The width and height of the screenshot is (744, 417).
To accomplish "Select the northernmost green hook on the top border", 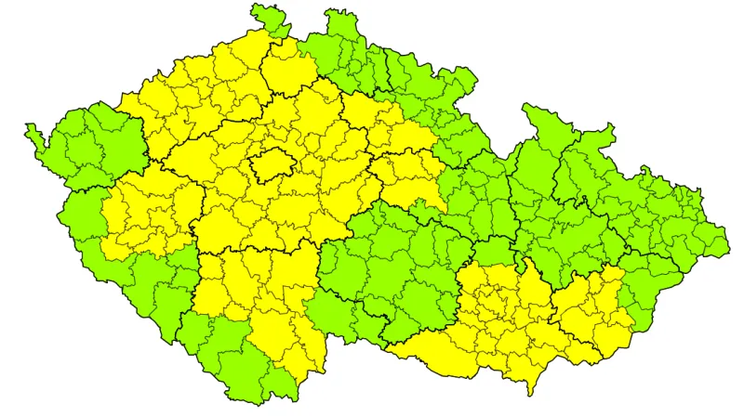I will point(266,18).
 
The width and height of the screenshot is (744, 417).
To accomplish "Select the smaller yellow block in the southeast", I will point(591,311).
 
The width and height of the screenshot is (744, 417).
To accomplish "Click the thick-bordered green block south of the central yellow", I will point(391,269).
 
